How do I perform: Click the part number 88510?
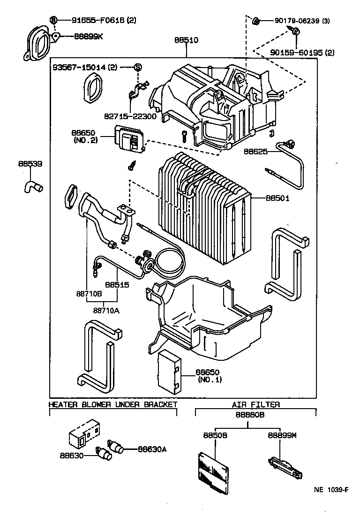187,40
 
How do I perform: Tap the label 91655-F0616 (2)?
99,20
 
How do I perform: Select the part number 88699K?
88,36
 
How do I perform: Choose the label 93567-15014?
84,67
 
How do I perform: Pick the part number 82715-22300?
130,116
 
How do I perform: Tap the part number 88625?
256,152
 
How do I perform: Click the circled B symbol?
54,20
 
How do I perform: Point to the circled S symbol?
138,67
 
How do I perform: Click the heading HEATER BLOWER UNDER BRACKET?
113,404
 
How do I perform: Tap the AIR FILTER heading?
255,404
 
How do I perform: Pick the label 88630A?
152,449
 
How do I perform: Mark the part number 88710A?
106,310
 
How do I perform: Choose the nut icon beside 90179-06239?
256,21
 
